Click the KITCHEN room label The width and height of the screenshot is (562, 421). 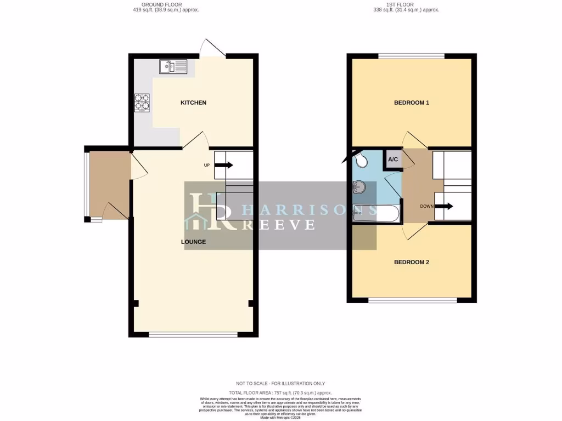(194, 103)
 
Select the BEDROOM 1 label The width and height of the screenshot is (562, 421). (412, 103)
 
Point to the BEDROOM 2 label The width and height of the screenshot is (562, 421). (412, 262)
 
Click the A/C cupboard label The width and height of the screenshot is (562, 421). (393, 160)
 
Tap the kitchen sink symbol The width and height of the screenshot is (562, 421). (173, 67)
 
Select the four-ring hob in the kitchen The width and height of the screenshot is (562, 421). (142, 103)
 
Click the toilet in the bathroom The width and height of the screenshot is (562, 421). (362, 160)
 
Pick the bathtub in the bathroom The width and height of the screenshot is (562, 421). (373, 213)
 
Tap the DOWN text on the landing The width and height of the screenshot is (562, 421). (428, 207)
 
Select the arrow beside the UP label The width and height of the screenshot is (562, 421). (226, 164)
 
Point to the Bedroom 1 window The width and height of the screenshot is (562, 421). (411, 55)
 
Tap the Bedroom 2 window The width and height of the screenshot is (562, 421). (412, 300)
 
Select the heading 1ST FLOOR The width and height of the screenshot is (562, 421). (406, 4)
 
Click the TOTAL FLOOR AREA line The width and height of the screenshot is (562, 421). (281, 393)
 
